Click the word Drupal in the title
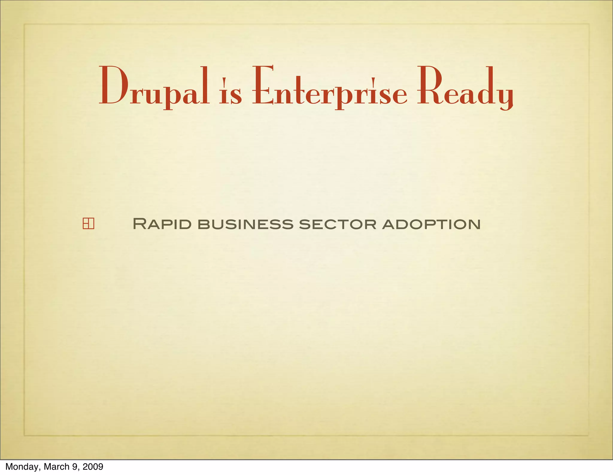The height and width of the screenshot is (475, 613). tap(154, 87)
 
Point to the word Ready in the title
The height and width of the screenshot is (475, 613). tap(465, 87)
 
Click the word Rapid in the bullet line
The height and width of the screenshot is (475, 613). tap(162, 224)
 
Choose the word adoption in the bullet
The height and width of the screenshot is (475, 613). tap(431, 224)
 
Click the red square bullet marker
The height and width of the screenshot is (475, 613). tap(88, 224)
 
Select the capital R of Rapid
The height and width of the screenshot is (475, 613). tap(139, 224)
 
